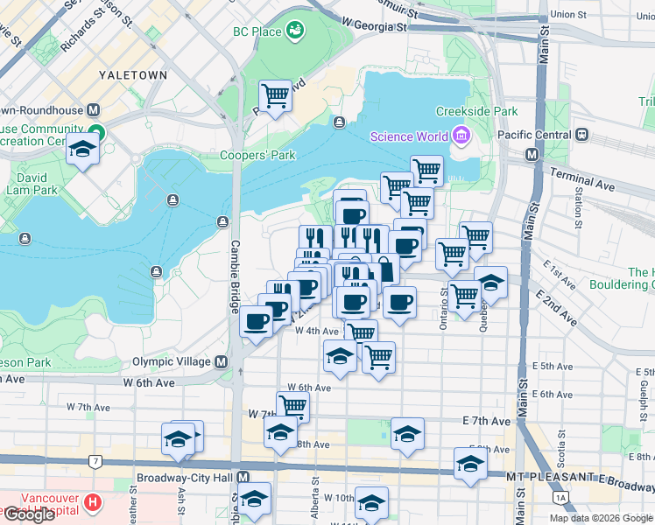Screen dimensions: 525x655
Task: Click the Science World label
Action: click(x=409, y=136)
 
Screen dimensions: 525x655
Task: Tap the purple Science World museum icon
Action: click(x=461, y=136)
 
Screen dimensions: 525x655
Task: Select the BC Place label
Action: click(x=257, y=32)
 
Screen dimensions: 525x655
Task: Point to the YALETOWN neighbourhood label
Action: click(x=132, y=75)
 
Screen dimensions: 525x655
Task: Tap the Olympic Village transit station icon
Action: click(x=222, y=361)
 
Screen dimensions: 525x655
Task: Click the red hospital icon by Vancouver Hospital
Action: click(x=93, y=503)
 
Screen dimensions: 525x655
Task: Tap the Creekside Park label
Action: click(x=477, y=111)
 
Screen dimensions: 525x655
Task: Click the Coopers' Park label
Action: click(x=257, y=156)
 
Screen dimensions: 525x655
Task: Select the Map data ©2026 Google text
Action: click(x=600, y=518)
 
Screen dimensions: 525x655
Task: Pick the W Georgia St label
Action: click(x=375, y=24)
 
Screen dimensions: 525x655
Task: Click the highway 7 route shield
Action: click(x=94, y=460)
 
